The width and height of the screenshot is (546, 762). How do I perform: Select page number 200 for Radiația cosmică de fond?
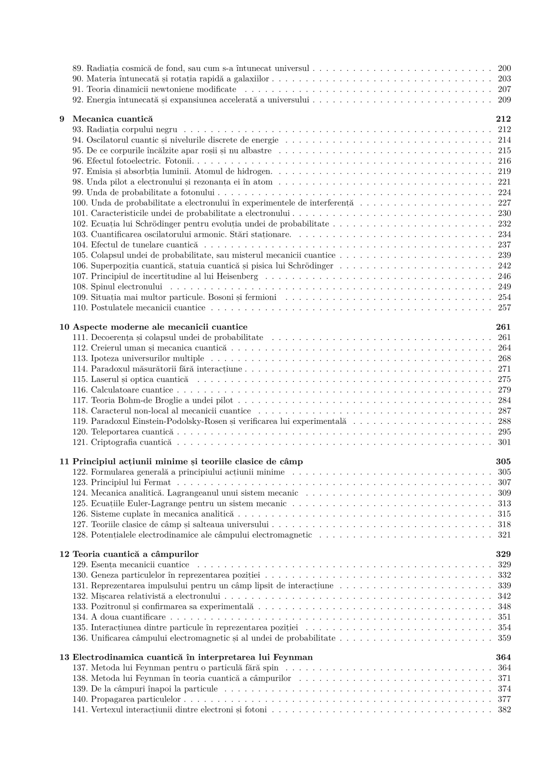504,69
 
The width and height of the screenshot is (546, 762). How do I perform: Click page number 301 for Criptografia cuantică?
504,442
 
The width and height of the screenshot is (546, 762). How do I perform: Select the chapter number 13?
64,657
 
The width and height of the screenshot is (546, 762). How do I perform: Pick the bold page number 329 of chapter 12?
504,554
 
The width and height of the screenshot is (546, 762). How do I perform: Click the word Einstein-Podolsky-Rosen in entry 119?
179,421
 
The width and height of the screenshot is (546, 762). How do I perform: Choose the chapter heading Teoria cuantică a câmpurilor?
135,554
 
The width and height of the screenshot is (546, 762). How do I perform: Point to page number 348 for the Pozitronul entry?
504,607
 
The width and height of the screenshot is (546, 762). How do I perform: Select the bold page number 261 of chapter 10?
504,327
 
